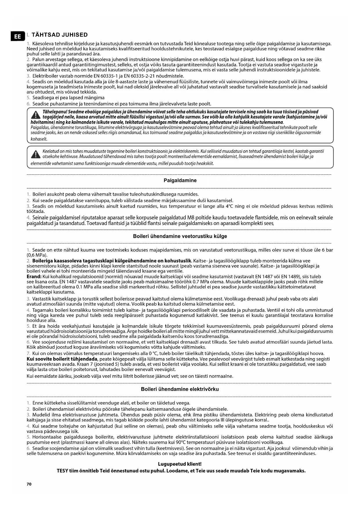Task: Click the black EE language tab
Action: point(17,37)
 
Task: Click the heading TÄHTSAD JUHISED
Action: point(59,35)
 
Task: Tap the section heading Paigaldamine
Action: point(180,181)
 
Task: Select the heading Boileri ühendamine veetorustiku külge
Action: point(180,236)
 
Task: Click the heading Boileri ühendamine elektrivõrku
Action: point(180,389)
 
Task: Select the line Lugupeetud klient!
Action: point(180,464)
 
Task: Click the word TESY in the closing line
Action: point(63,471)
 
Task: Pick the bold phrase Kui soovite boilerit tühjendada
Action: point(62,359)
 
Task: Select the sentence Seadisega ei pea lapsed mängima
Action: point(68,98)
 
